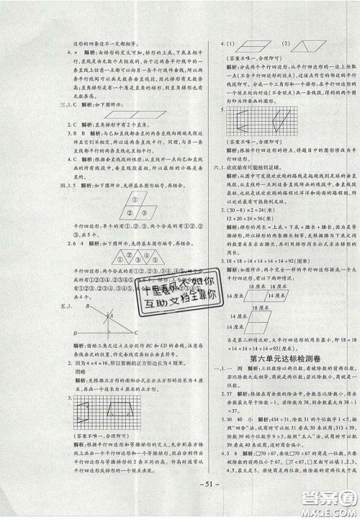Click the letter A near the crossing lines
coord(111,295)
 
